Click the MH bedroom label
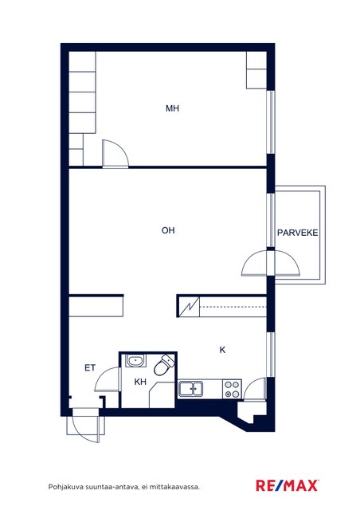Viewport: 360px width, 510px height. pyautogui.click(x=172, y=108)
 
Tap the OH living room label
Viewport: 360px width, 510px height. pyautogui.click(x=168, y=230)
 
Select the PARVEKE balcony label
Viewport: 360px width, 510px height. pyautogui.click(x=298, y=233)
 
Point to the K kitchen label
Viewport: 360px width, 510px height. pyautogui.click(x=222, y=350)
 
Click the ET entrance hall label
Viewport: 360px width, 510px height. pyautogui.click(x=90, y=368)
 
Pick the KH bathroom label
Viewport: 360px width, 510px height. pyautogui.click(x=140, y=382)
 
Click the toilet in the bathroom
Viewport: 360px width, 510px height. pyautogui.click(x=164, y=365)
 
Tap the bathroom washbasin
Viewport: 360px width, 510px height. pyautogui.click(x=135, y=361)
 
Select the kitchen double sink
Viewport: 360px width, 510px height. pyautogui.click(x=190, y=389)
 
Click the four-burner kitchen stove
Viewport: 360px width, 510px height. pyautogui.click(x=233, y=389)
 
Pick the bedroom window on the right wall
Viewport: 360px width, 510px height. pyautogui.click(x=271, y=122)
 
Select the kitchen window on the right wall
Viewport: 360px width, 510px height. pyautogui.click(x=271, y=355)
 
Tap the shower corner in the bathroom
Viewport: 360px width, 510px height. pyautogui.click(x=162, y=395)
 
